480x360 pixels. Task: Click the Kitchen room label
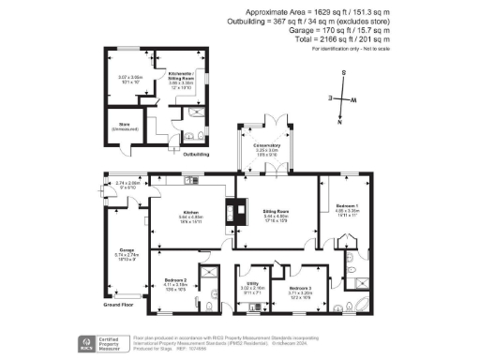[x=191, y=212]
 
